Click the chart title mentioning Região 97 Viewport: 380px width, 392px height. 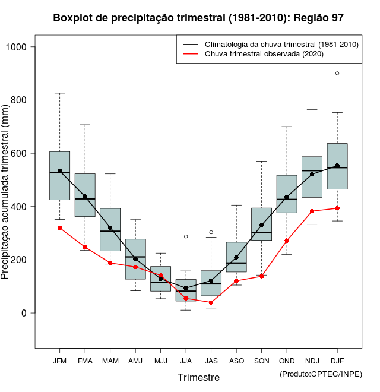tap(198, 18)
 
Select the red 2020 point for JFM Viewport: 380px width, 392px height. tap(59, 228)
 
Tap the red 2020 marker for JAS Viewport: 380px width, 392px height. tap(211, 302)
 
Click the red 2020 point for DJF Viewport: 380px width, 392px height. tap(337, 208)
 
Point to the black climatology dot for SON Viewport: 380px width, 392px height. tap(261, 225)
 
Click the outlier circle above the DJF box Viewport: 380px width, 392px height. tap(337, 73)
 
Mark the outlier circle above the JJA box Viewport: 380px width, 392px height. tap(186, 236)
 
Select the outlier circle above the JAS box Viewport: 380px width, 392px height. tap(211, 232)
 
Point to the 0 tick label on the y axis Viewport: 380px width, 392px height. tap(25, 313)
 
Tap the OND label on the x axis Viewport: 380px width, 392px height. tap(287, 361)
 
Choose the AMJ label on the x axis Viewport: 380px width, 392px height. tap(135, 361)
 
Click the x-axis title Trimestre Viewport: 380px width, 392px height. tap(198, 377)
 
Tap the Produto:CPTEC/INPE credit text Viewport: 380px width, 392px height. tap(321, 374)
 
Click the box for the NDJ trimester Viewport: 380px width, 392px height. tap(312, 177)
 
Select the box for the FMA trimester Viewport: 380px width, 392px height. tap(85, 195)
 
